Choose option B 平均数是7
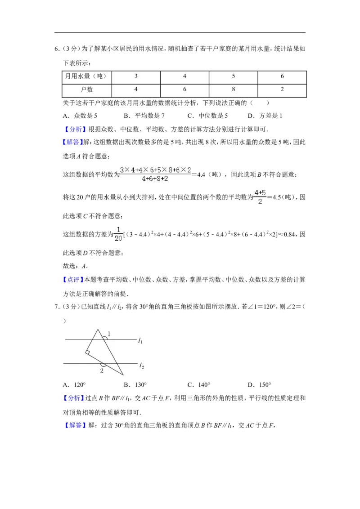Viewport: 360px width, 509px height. point(144,116)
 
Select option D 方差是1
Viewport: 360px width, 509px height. point(265,116)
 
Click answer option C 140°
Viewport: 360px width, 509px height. point(199,384)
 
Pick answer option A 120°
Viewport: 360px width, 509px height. point(74,384)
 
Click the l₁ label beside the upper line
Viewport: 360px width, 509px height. point(140,340)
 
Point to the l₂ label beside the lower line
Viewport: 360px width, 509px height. point(142,366)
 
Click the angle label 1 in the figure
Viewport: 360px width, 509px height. point(109,334)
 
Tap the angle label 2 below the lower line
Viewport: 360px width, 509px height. point(102,371)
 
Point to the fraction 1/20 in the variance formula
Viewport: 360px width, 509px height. point(118,234)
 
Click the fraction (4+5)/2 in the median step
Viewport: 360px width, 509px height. point(260,197)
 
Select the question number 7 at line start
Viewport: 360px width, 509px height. point(57,307)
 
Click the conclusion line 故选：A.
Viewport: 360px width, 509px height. point(76,266)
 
